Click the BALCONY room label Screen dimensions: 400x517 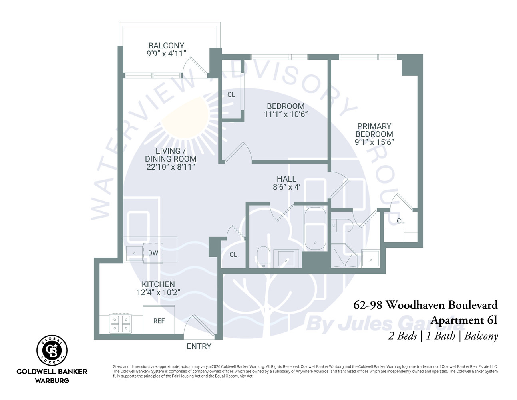tap(166, 46)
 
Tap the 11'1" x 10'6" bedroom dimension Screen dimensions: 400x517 tap(286, 114)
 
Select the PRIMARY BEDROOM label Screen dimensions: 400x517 tap(374, 130)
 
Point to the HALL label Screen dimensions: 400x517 tap(286, 179)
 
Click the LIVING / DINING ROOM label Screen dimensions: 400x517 tap(171, 155)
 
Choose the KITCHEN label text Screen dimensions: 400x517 tap(158, 284)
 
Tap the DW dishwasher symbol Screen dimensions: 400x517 tap(153, 253)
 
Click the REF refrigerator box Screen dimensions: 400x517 tap(159, 320)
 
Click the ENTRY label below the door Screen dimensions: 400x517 tap(199, 346)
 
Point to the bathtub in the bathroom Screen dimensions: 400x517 tap(315, 229)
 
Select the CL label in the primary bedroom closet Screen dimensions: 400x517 tap(400, 221)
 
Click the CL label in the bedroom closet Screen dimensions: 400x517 tap(231, 95)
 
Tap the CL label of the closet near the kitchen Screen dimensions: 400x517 tap(233, 255)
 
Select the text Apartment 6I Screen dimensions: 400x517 tap(464, 320)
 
